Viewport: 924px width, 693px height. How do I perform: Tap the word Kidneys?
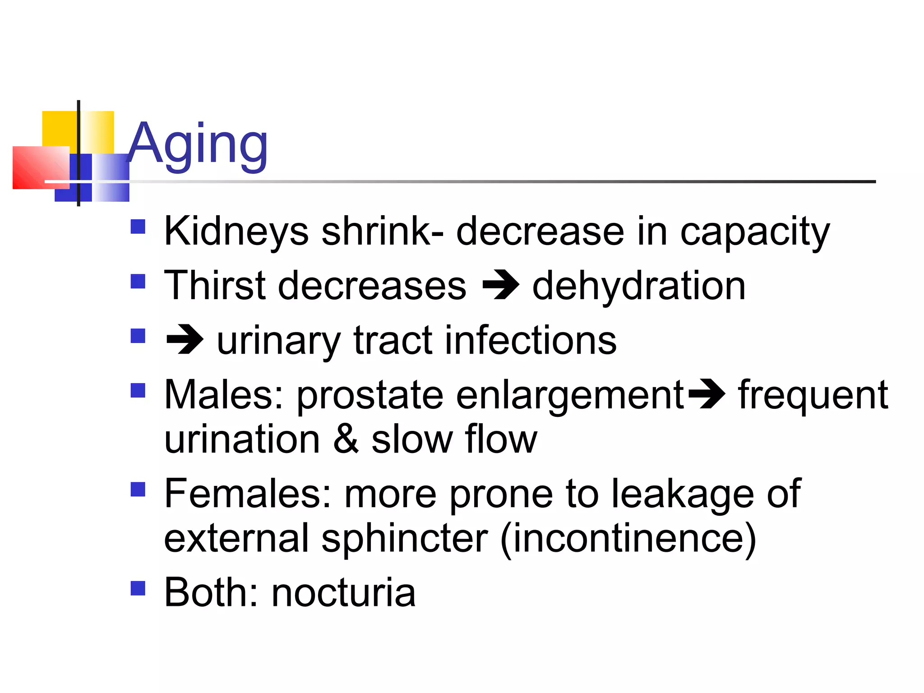coord(236,231)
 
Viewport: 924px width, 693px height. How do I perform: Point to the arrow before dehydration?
coord(500,285)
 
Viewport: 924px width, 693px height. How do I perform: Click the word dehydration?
coord(638,286)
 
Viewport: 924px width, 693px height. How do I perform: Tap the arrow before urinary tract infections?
coord(185,340)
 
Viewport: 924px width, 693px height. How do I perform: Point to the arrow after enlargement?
coord(707,394)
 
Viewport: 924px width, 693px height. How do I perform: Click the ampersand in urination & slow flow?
coord(346,439)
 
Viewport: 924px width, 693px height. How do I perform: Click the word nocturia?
coord(343,592)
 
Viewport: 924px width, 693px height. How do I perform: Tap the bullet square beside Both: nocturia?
coord(138,588)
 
